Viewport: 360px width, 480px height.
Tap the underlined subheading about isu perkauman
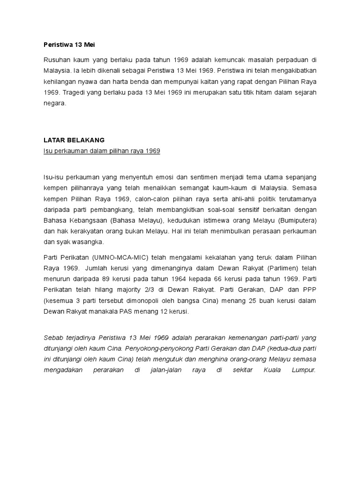point(99,151)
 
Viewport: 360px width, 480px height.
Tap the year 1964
point(173,279)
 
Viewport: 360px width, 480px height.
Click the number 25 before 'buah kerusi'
point(228,300)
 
